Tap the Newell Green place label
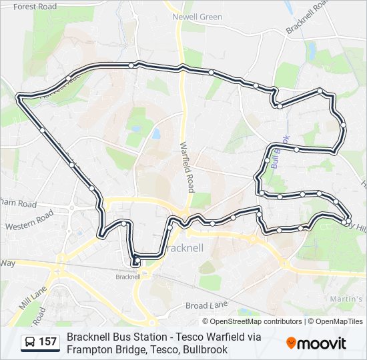pyautogui.click(x=197, y=17)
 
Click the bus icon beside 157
pyautogui.click(x=31, y=343)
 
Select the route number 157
pyautogui.click(x=48, y=343)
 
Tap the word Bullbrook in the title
pyautogui.click(x=206, y=349)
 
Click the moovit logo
pyautogui.click(x=316, y=343)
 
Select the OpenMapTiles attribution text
pyautogui.click(x=339, y=321)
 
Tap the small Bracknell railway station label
pyautogui.click(x=127, y=277)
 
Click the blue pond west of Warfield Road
pyautogui.click(x=155, y=134)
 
